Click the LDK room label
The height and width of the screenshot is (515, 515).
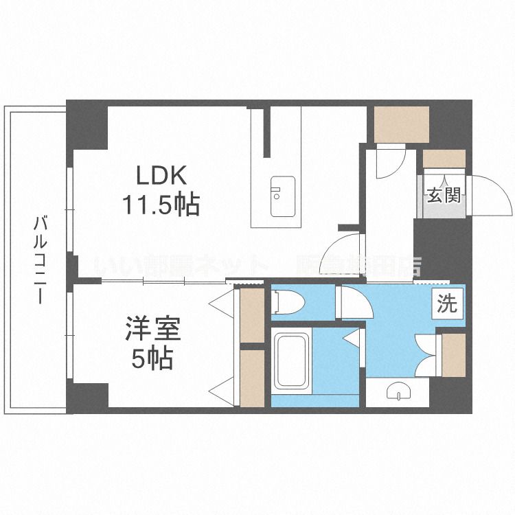coord(161,176)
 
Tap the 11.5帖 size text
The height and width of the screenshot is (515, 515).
coord(161,204)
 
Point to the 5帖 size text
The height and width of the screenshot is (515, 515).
coord(153,358)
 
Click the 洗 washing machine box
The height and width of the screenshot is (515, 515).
coord(448,303)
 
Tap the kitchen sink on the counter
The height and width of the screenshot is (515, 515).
coord(282,196)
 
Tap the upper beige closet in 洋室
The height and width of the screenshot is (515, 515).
coord(252,317)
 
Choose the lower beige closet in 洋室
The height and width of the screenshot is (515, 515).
coord(252,378)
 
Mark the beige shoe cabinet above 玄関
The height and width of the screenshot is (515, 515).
coord(443,158)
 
